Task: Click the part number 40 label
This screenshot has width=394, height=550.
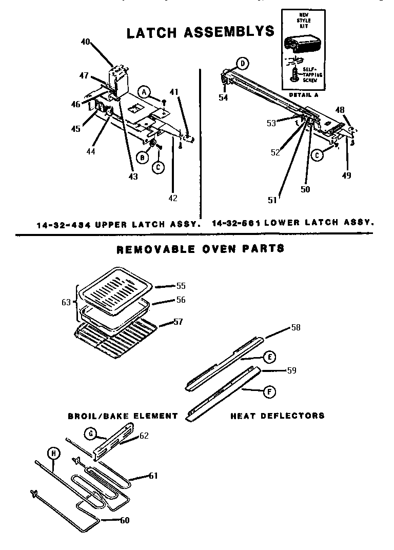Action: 85,42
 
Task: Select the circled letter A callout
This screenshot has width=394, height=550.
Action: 146,92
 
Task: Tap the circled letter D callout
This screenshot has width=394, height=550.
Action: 242,64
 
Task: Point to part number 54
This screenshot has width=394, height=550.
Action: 223,97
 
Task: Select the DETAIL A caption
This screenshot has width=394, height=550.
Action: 303,95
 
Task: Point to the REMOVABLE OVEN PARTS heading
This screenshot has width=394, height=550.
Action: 201,249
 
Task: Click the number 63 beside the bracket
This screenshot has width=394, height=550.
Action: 66,302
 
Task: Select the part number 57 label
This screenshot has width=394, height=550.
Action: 178,322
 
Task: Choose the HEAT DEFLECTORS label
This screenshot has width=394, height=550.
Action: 277,416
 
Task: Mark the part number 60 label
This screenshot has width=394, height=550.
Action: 124,520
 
